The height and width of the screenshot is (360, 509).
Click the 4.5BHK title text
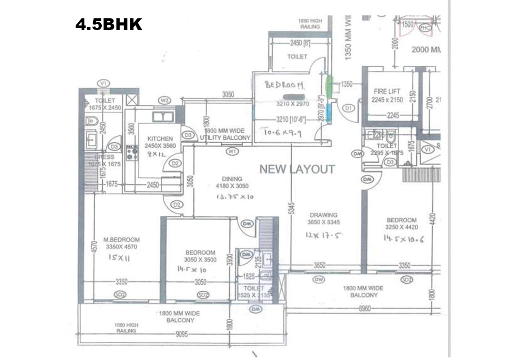point(108,24)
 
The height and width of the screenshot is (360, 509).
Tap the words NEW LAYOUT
point(297,169)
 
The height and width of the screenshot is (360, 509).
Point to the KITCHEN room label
point(160,139)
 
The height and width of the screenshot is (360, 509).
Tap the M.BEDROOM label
point(121,240)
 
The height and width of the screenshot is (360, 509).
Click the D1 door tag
point(349,108)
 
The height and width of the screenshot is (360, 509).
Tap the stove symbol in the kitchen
point(132,153)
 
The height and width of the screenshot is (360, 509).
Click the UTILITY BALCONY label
point(225,138)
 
